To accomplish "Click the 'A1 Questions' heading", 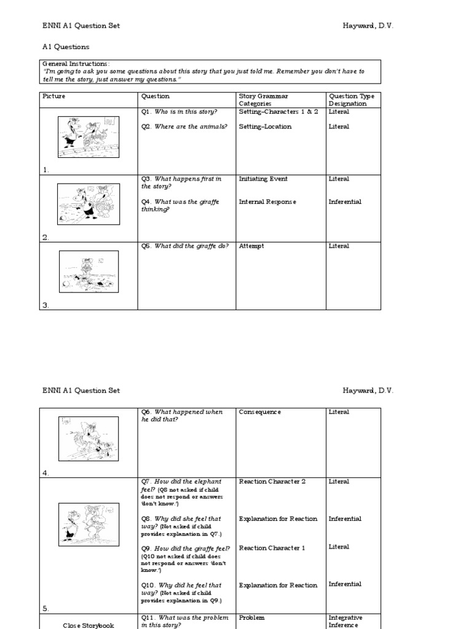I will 66,47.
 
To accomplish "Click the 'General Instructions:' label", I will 76,64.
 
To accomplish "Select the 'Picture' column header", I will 54,96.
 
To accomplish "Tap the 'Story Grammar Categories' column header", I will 263,100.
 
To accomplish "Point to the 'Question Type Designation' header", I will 352,100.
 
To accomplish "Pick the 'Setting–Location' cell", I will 265,127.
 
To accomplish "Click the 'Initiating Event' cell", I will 263,179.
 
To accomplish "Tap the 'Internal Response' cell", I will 267,201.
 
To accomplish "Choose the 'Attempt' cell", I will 251,246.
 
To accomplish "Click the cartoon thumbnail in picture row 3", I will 88,272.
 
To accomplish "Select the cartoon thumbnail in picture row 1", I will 88,137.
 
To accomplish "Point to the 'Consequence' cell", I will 260,412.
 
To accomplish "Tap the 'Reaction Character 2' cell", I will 272,482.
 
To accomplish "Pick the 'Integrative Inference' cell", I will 345,622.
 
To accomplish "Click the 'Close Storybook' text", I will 88,625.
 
